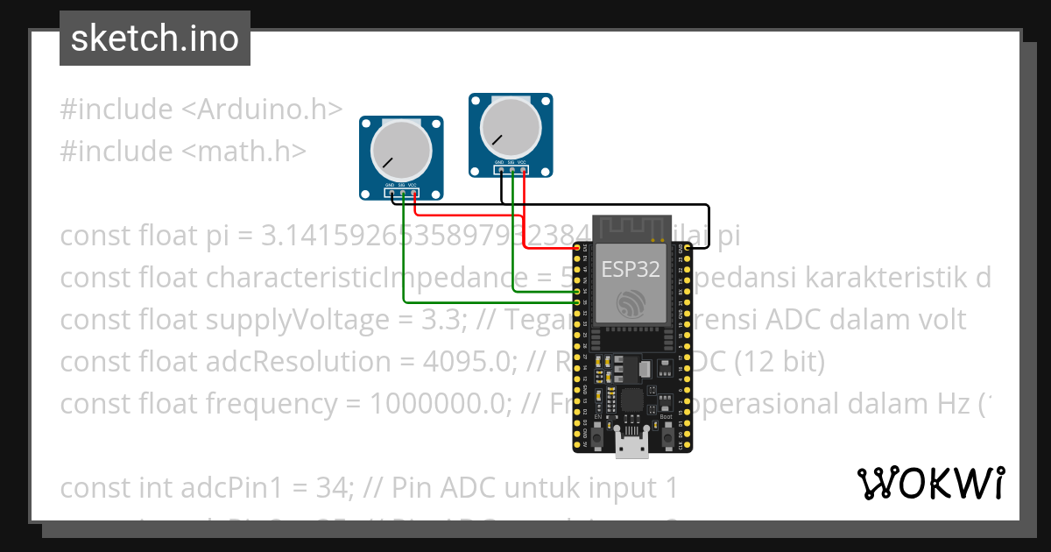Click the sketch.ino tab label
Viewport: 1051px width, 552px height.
pos(155,39)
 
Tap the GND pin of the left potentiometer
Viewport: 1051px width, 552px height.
pos(391,194)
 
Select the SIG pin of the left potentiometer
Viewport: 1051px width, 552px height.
pos(402,194)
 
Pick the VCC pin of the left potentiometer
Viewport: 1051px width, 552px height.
pos(413,194)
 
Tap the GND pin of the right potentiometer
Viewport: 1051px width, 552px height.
pos(501,171)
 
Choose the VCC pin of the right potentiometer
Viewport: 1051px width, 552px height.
pos(523,171)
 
